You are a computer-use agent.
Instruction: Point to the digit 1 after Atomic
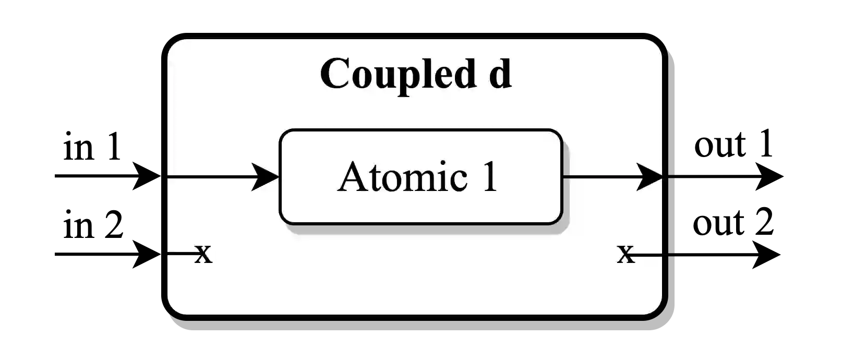pos(489,177)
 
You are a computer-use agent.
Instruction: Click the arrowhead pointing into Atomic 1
pos(266,177)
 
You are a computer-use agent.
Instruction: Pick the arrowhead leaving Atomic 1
pos(649,177)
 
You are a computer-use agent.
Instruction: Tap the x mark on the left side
pos(203,254)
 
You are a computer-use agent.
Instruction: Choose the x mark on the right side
pos(626,254)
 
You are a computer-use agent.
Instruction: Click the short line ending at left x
pos(181,254)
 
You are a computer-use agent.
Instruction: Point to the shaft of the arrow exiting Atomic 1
pos(600,177)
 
